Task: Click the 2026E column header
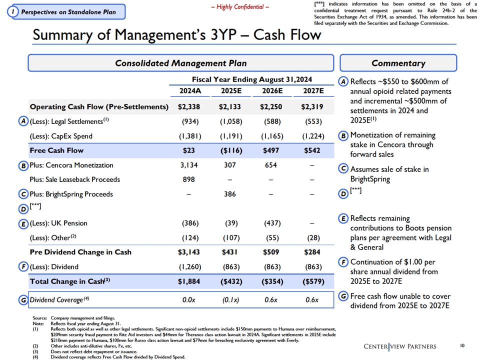pos(272,91)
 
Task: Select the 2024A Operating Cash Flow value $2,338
pos(189,107)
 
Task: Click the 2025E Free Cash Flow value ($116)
pos(231,150)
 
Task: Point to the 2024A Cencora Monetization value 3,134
pos(189,165)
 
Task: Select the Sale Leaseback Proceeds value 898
pos(188,179)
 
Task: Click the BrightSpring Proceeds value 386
pos(230,194)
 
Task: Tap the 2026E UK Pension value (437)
pos(272,223)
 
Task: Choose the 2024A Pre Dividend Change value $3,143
pos(189,252)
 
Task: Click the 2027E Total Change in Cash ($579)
pos(313,281)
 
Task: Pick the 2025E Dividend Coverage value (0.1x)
pos(231,300)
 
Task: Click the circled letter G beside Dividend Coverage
pos(23,300)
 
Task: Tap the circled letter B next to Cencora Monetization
pos(23,165)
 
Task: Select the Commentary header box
pos(398,63)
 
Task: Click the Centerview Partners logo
pos(400,346)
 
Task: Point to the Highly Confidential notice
pos(240,6)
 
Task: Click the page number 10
pos(462,345)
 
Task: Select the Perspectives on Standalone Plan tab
pos(66,12)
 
